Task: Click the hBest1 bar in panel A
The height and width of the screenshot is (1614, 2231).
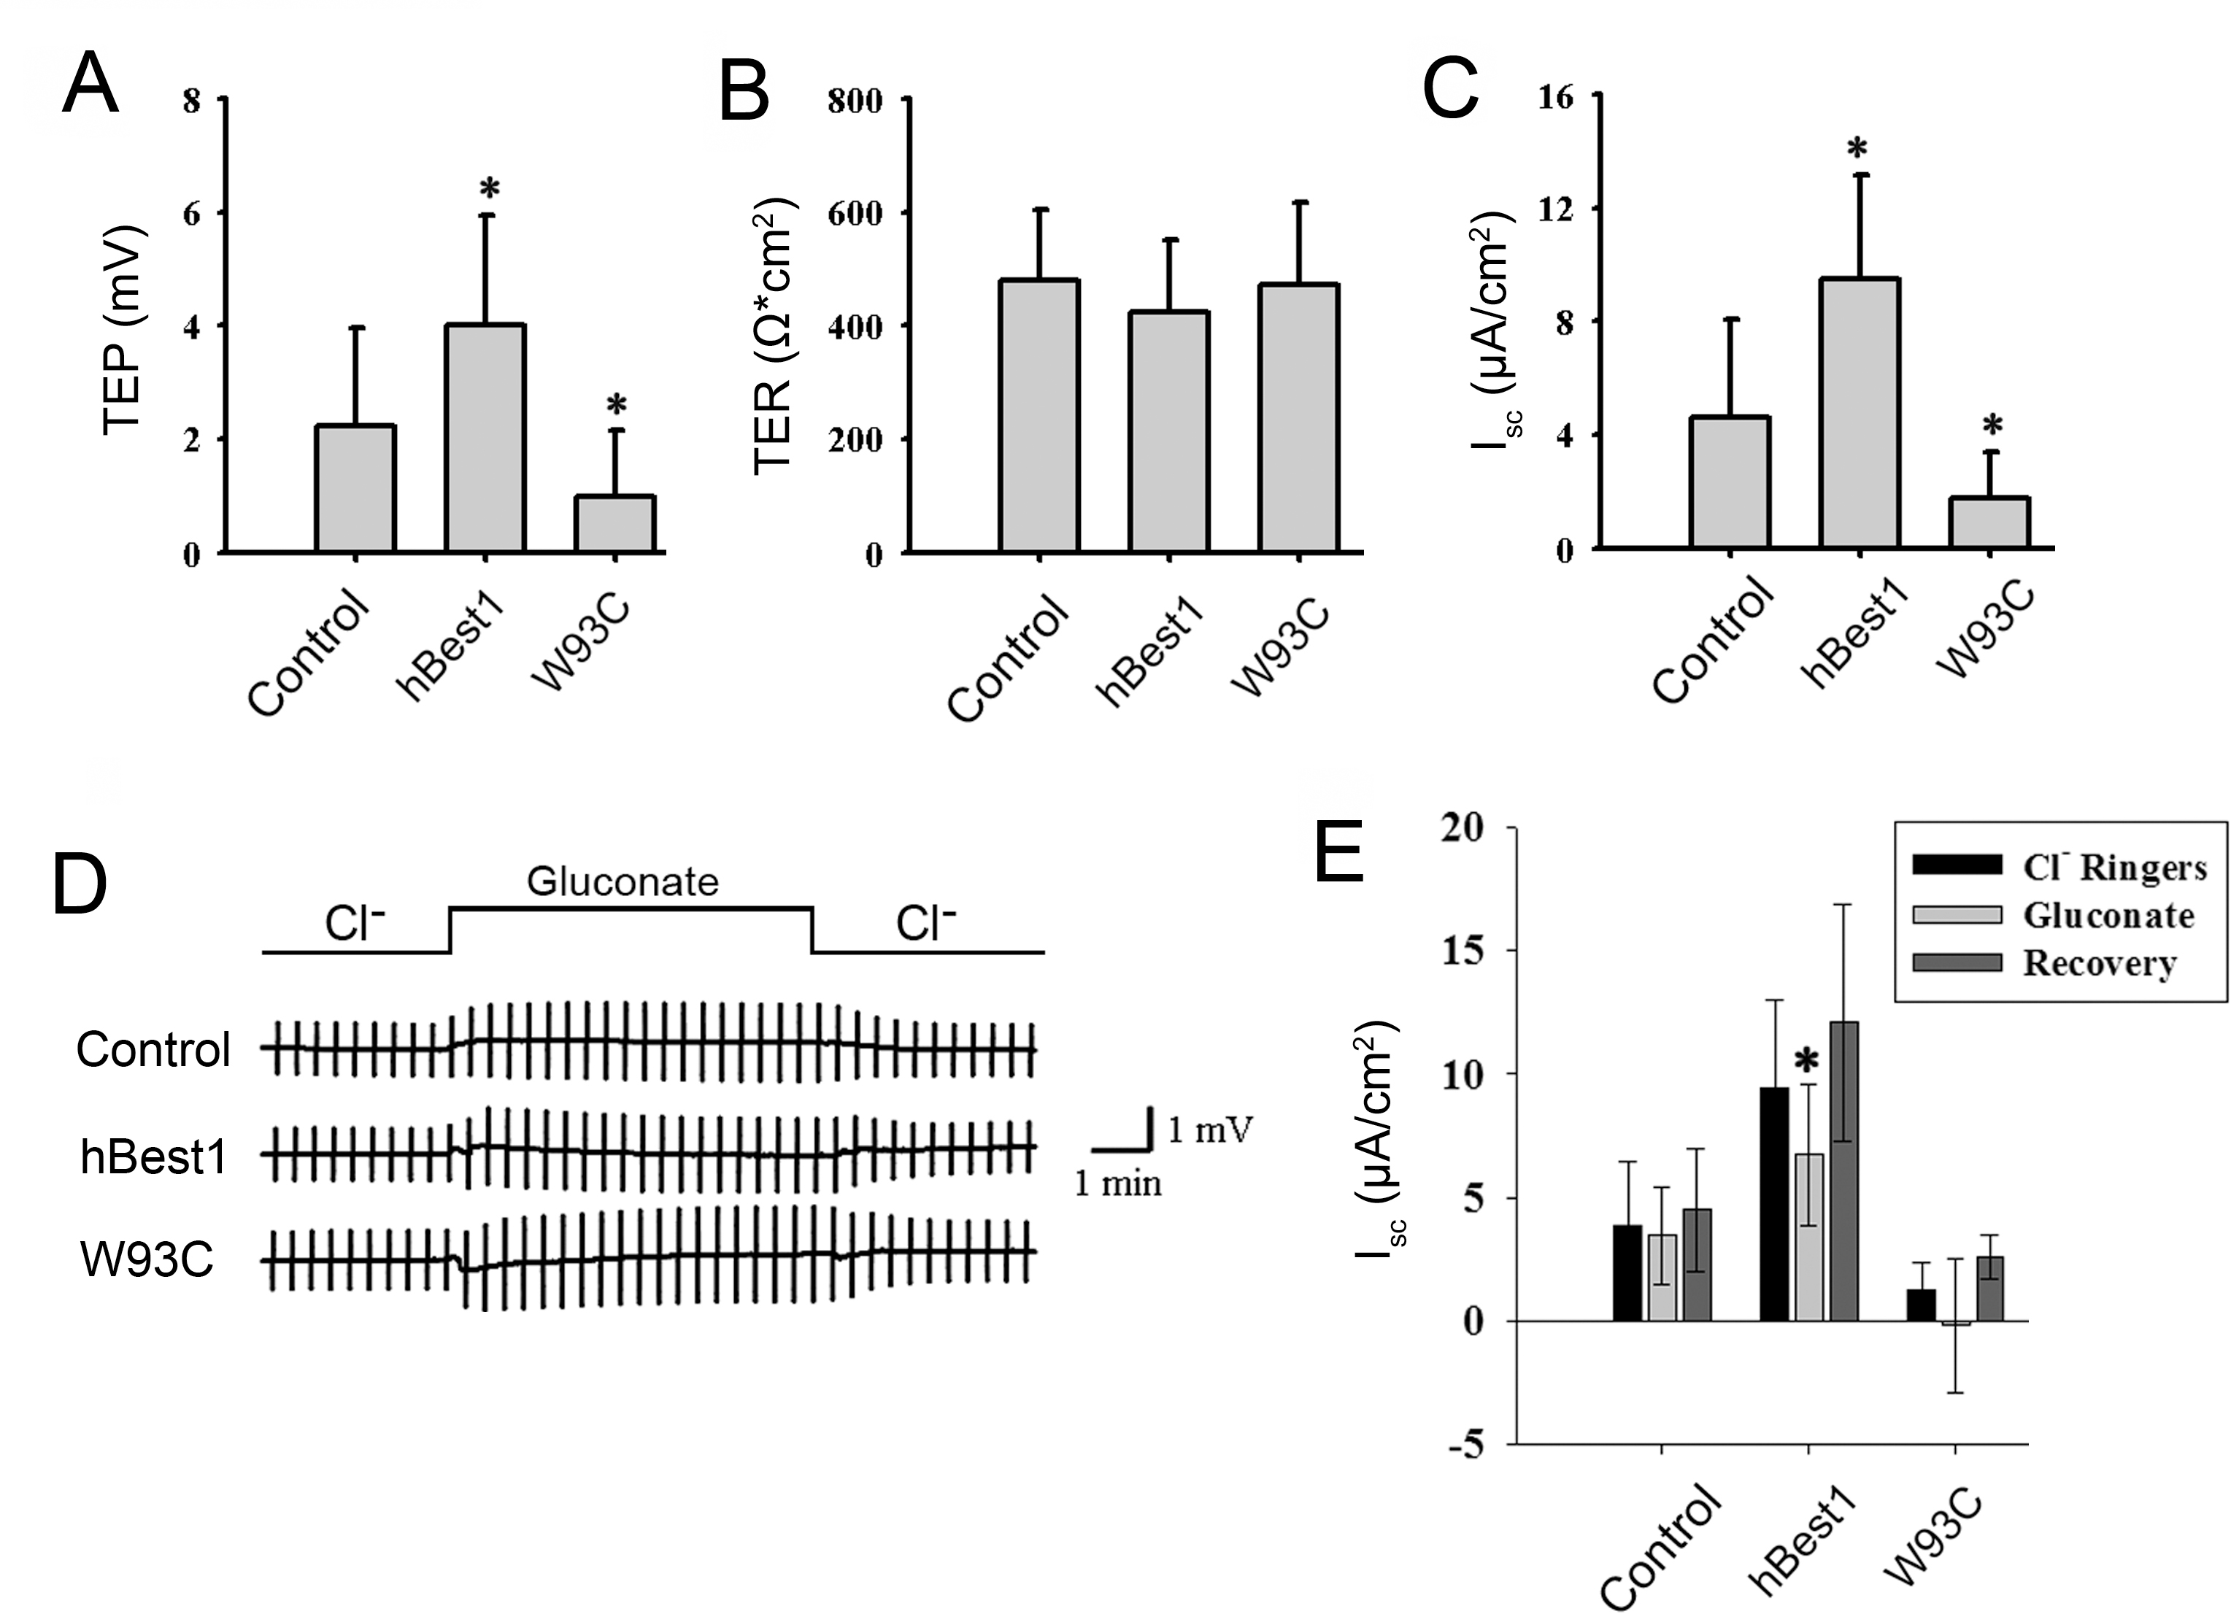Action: click(x=485, y=438)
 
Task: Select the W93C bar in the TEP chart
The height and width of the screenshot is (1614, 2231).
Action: click(x=614, y=523)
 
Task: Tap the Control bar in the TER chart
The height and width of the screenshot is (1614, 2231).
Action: click(x=1039, y=415)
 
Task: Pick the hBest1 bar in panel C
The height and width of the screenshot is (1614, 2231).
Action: click(x=1860, y=413)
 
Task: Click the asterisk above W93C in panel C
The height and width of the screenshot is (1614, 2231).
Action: click(x=1992, y=427)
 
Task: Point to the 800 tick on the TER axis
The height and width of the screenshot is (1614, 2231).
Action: click(x=855, y=100)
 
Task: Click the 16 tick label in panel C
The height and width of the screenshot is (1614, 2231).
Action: click(x=1555, y=96)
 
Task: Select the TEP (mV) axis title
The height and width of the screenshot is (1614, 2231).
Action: click(x=124, y=330)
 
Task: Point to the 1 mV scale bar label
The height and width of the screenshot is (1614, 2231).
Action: click(x=1210, y=1130)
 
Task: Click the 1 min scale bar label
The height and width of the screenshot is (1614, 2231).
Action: click(x=1117, y=1184)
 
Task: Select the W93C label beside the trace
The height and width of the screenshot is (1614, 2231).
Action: click(x=147, y=1259)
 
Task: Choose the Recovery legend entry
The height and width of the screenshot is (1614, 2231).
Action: click(x=2098, y=964)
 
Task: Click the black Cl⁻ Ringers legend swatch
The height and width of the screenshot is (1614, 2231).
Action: click(x=1957, y=865)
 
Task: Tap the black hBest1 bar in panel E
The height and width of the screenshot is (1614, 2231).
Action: click(x=1773, y=1204)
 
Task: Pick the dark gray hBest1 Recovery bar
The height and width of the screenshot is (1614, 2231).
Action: click(x=1843, y=1171)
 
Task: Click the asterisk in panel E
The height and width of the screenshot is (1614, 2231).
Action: click(x=1807, y=1061)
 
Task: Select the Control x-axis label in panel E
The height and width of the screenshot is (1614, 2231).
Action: click(x=1660, y=1544)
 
